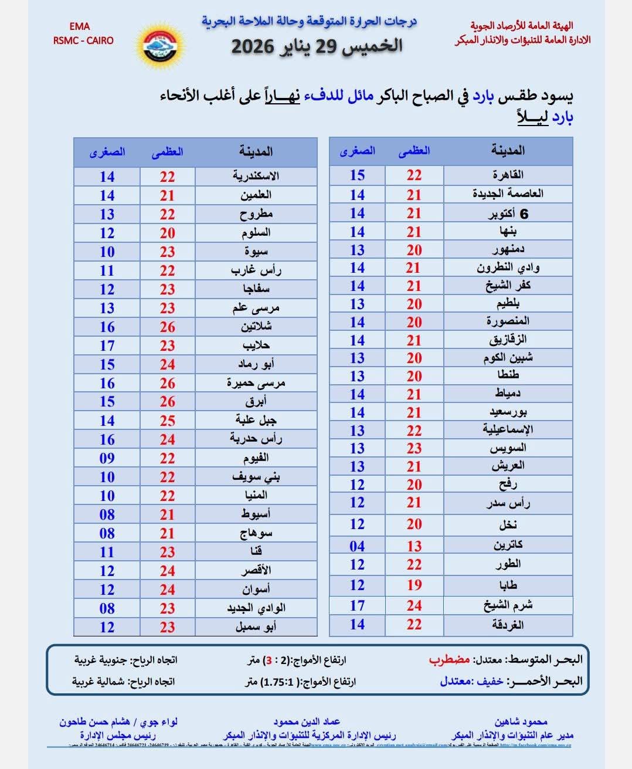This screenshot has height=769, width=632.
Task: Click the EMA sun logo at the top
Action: pyautogui.click(x=159, y=45)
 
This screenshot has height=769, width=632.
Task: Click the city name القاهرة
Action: pyautogui.click(x=508, y=175)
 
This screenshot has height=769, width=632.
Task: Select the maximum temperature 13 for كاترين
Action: pyautogui.click(x=414, y=546)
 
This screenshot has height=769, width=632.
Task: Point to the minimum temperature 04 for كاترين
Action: pyautogui.click(x=357, y=546)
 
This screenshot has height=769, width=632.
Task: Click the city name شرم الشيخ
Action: pyautogui.click(x=508, y=605)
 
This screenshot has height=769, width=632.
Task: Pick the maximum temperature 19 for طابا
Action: pyautogui.click(x=414, y=585)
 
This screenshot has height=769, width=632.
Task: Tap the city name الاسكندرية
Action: pyautogui.click(x=256, y=176)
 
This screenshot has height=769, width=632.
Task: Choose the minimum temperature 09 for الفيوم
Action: pyautogui.click(x=107, y=458)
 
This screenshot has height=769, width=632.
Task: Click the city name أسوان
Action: pyautogui.click(x=256, y=589)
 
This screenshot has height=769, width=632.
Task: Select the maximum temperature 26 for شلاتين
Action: pyautogui.click(x=168, y=327)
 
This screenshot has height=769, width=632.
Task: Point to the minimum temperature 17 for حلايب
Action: pyautogui.click(x=107, y=345)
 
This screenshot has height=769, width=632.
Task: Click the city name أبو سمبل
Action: pyautogui.click(x=256, y=626)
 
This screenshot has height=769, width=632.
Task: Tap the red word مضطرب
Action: pyautogui.click(x=450, y=659)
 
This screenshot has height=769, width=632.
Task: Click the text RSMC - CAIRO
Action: pyautogui.click(x=83, y=40)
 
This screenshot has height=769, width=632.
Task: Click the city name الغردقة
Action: pyautogui.click(x=508, y=625)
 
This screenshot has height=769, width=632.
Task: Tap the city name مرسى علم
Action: pyautogui.click(x=256, y=308)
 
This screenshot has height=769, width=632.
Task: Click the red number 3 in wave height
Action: pyautogui.click(x=269, y=660)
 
